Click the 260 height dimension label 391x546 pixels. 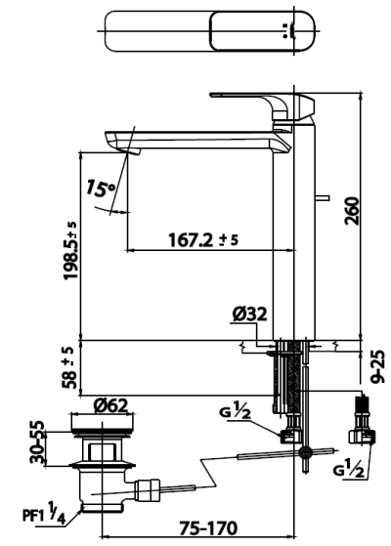351,211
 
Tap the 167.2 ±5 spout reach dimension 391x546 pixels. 203,240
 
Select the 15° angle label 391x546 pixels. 100,189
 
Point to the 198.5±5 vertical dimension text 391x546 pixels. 70,250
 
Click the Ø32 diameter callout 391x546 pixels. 250,315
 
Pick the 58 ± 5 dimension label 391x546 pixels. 69,367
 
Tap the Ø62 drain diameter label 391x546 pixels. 110,405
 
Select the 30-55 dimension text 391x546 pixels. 37,441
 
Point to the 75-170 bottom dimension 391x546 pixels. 208,527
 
